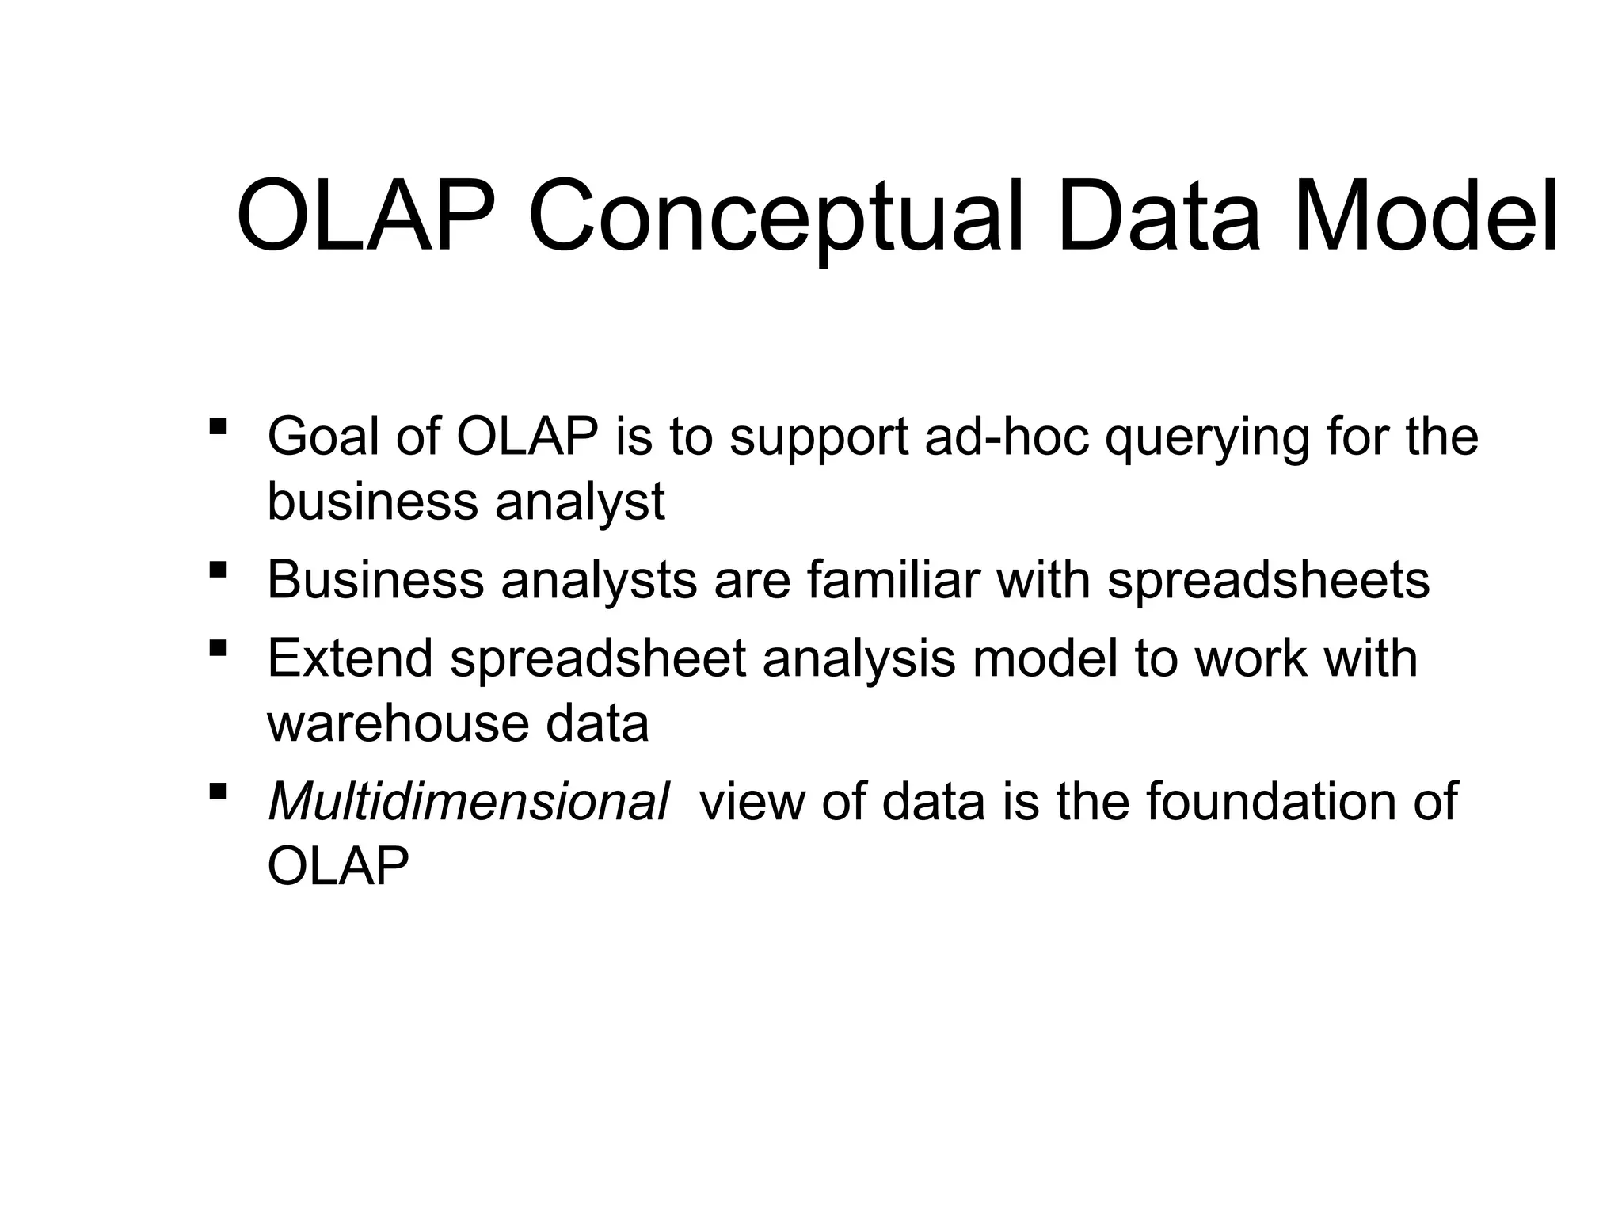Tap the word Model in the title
pyautogui.click(x=1425, y=216)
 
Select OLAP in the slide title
pyautogui.click(x=369, y=216)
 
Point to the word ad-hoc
pyautogui.click(x=1007, y=437)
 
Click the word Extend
pyautogui.click(x=349, y=658)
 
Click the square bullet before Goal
pyautogui.click(x=217, y=427)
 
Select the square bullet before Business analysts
pyautogui.click(x=217, y=570)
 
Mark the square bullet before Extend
pyautogui.click(x=217, y=649)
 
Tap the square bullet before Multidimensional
pyautogui.click(x=217, y=792)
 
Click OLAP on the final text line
pyautogui.click(x=338, y=866)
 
